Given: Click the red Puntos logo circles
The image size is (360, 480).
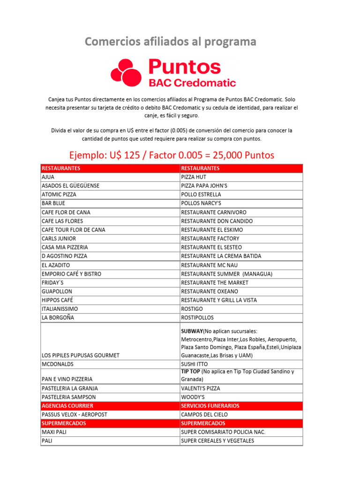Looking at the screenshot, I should point(126,73).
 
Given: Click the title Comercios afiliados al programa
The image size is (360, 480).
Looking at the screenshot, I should point(171,42).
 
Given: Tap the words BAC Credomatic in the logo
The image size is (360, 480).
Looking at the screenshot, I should point(192,83).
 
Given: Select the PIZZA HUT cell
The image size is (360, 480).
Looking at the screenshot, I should point(194,177).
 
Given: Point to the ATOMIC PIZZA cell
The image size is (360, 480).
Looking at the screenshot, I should point(59,195).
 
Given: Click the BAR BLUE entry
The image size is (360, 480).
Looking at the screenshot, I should point(53,203).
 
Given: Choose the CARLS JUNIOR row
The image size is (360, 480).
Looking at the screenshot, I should point(59,239).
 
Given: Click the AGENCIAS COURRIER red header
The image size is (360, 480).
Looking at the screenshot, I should point(67,405).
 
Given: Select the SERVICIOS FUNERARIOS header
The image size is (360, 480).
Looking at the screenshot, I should point(210,405).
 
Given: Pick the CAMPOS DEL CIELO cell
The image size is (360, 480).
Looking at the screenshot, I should point(204,414).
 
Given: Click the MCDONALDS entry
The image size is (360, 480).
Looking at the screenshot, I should point(58,364).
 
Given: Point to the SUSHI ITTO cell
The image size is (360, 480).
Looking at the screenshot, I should point(194,364).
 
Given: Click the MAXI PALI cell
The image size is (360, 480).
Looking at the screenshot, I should point(54,432).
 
